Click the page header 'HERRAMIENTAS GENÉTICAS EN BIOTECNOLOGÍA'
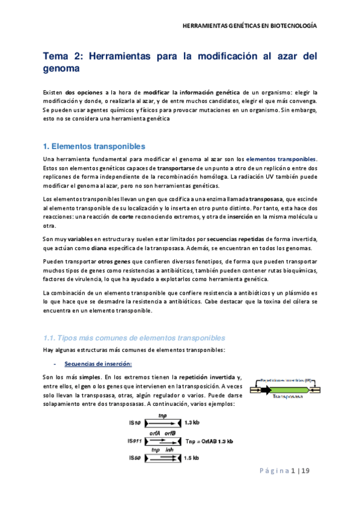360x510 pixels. [x=249, y=26]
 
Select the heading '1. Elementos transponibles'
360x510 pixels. [x=94, y=146]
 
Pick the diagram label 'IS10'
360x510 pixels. [x=135, y=422]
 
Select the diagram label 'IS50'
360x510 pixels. [x=135, y=458]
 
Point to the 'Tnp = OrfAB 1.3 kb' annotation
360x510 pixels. [x=210, y=440]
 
